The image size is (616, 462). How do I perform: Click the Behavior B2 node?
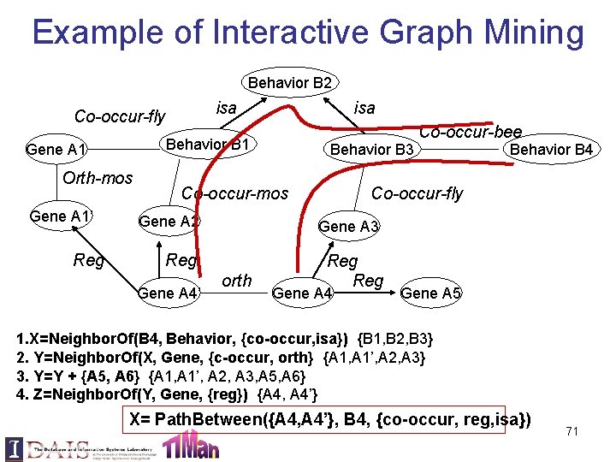(x=289, y=83)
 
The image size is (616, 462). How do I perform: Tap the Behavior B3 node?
(x=372, y=151)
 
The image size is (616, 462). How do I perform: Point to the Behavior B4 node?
(x=551, y=150)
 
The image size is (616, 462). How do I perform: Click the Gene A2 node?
(x=169, y=222)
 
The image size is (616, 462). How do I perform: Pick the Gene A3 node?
(x=348, y=226)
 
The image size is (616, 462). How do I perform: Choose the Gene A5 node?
(x=431, y=293)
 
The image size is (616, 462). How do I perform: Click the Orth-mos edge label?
(x=98, y=178)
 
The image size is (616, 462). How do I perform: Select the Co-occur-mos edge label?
(x=234, y=193)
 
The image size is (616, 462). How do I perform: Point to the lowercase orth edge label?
(x=237, y=280)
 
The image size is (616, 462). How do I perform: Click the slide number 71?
(x=572, y=431)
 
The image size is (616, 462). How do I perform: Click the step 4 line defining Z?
(x=168, y=394)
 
